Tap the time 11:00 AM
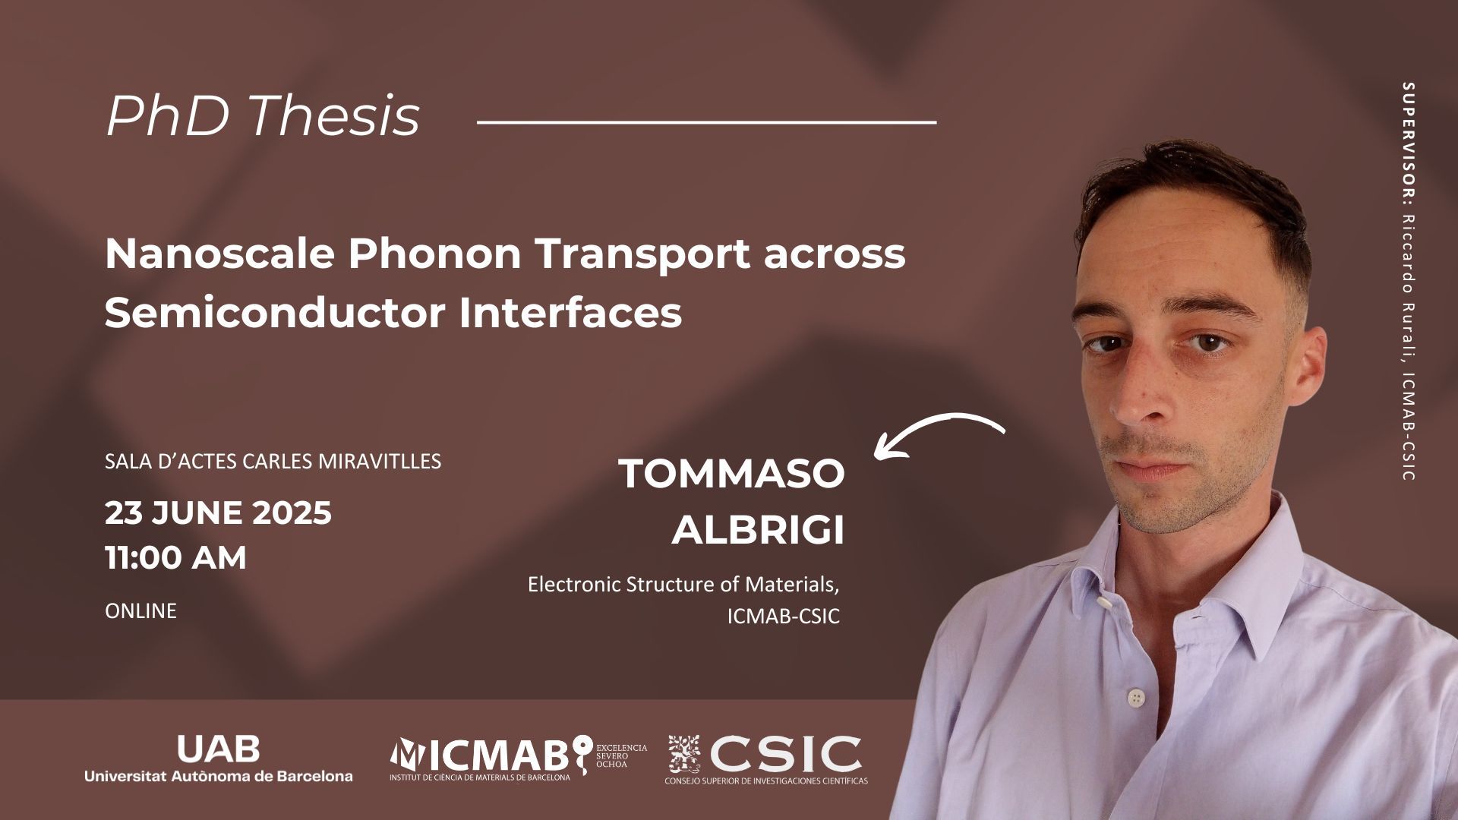[175, 558]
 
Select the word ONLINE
[140, 610]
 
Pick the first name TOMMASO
[732, 475]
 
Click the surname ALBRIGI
[758, 531]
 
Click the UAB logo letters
[218, 750]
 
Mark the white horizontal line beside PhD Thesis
[706, 121]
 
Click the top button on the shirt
[1103, 604]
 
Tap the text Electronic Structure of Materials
[684, 585]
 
